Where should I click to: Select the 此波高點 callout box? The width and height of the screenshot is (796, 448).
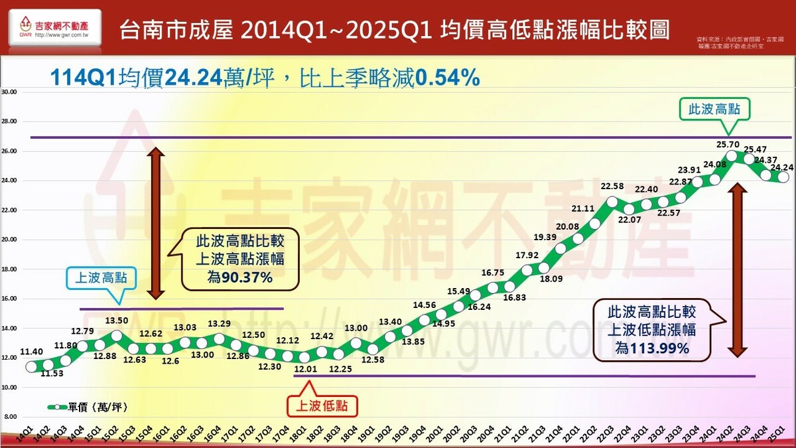(x=714, y=110)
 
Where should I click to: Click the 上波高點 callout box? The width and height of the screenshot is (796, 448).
(x=101, y=278)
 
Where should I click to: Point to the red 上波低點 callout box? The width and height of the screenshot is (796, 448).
(x=321, y=404)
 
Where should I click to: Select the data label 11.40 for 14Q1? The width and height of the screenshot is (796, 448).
(x=32, y=352)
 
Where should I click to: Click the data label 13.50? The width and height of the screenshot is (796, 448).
(x=117, y=321)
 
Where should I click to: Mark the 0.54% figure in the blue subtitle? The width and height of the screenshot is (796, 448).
(x=447, y=79)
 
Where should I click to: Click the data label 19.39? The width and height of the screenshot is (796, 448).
(x=545, y=237)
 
